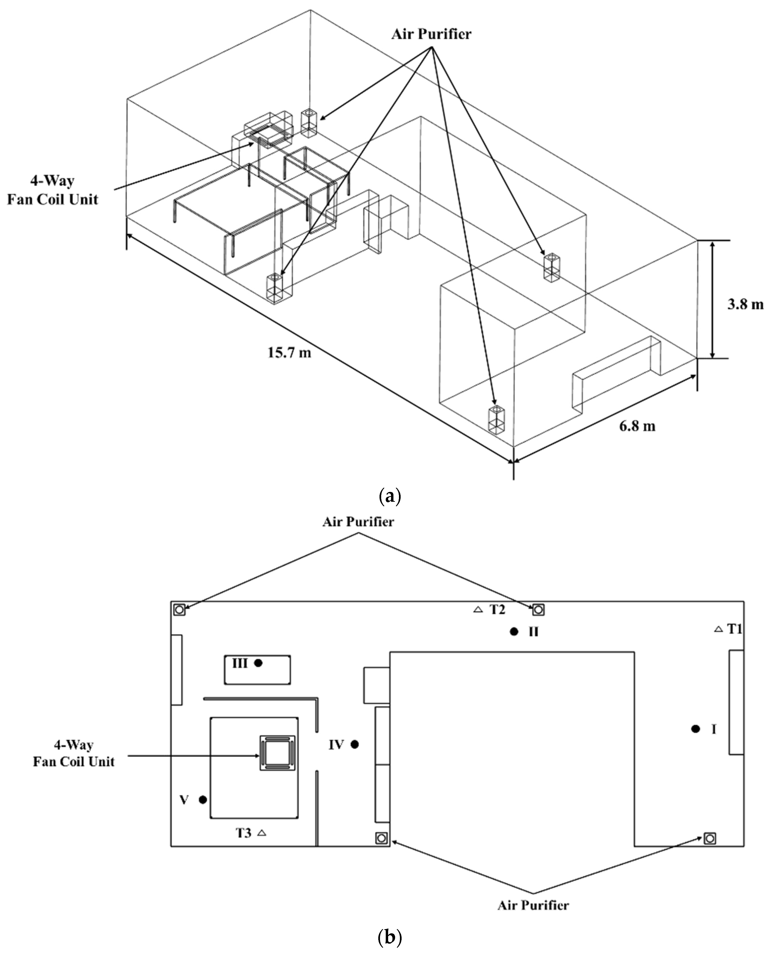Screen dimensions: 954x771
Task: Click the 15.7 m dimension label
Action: click(x=289, y=352)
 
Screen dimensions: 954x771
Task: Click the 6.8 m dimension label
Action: click(x=637, y=426)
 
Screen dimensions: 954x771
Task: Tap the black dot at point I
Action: click(x=696, y=729)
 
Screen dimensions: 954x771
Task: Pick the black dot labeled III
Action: click(x=258, y=663)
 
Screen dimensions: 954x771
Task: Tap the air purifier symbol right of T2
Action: click(x=538, y=610)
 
